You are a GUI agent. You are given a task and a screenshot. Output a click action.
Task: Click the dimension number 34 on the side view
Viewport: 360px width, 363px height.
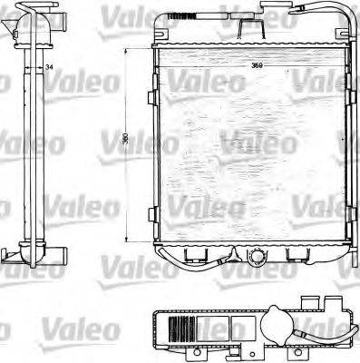click(47, 68)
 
